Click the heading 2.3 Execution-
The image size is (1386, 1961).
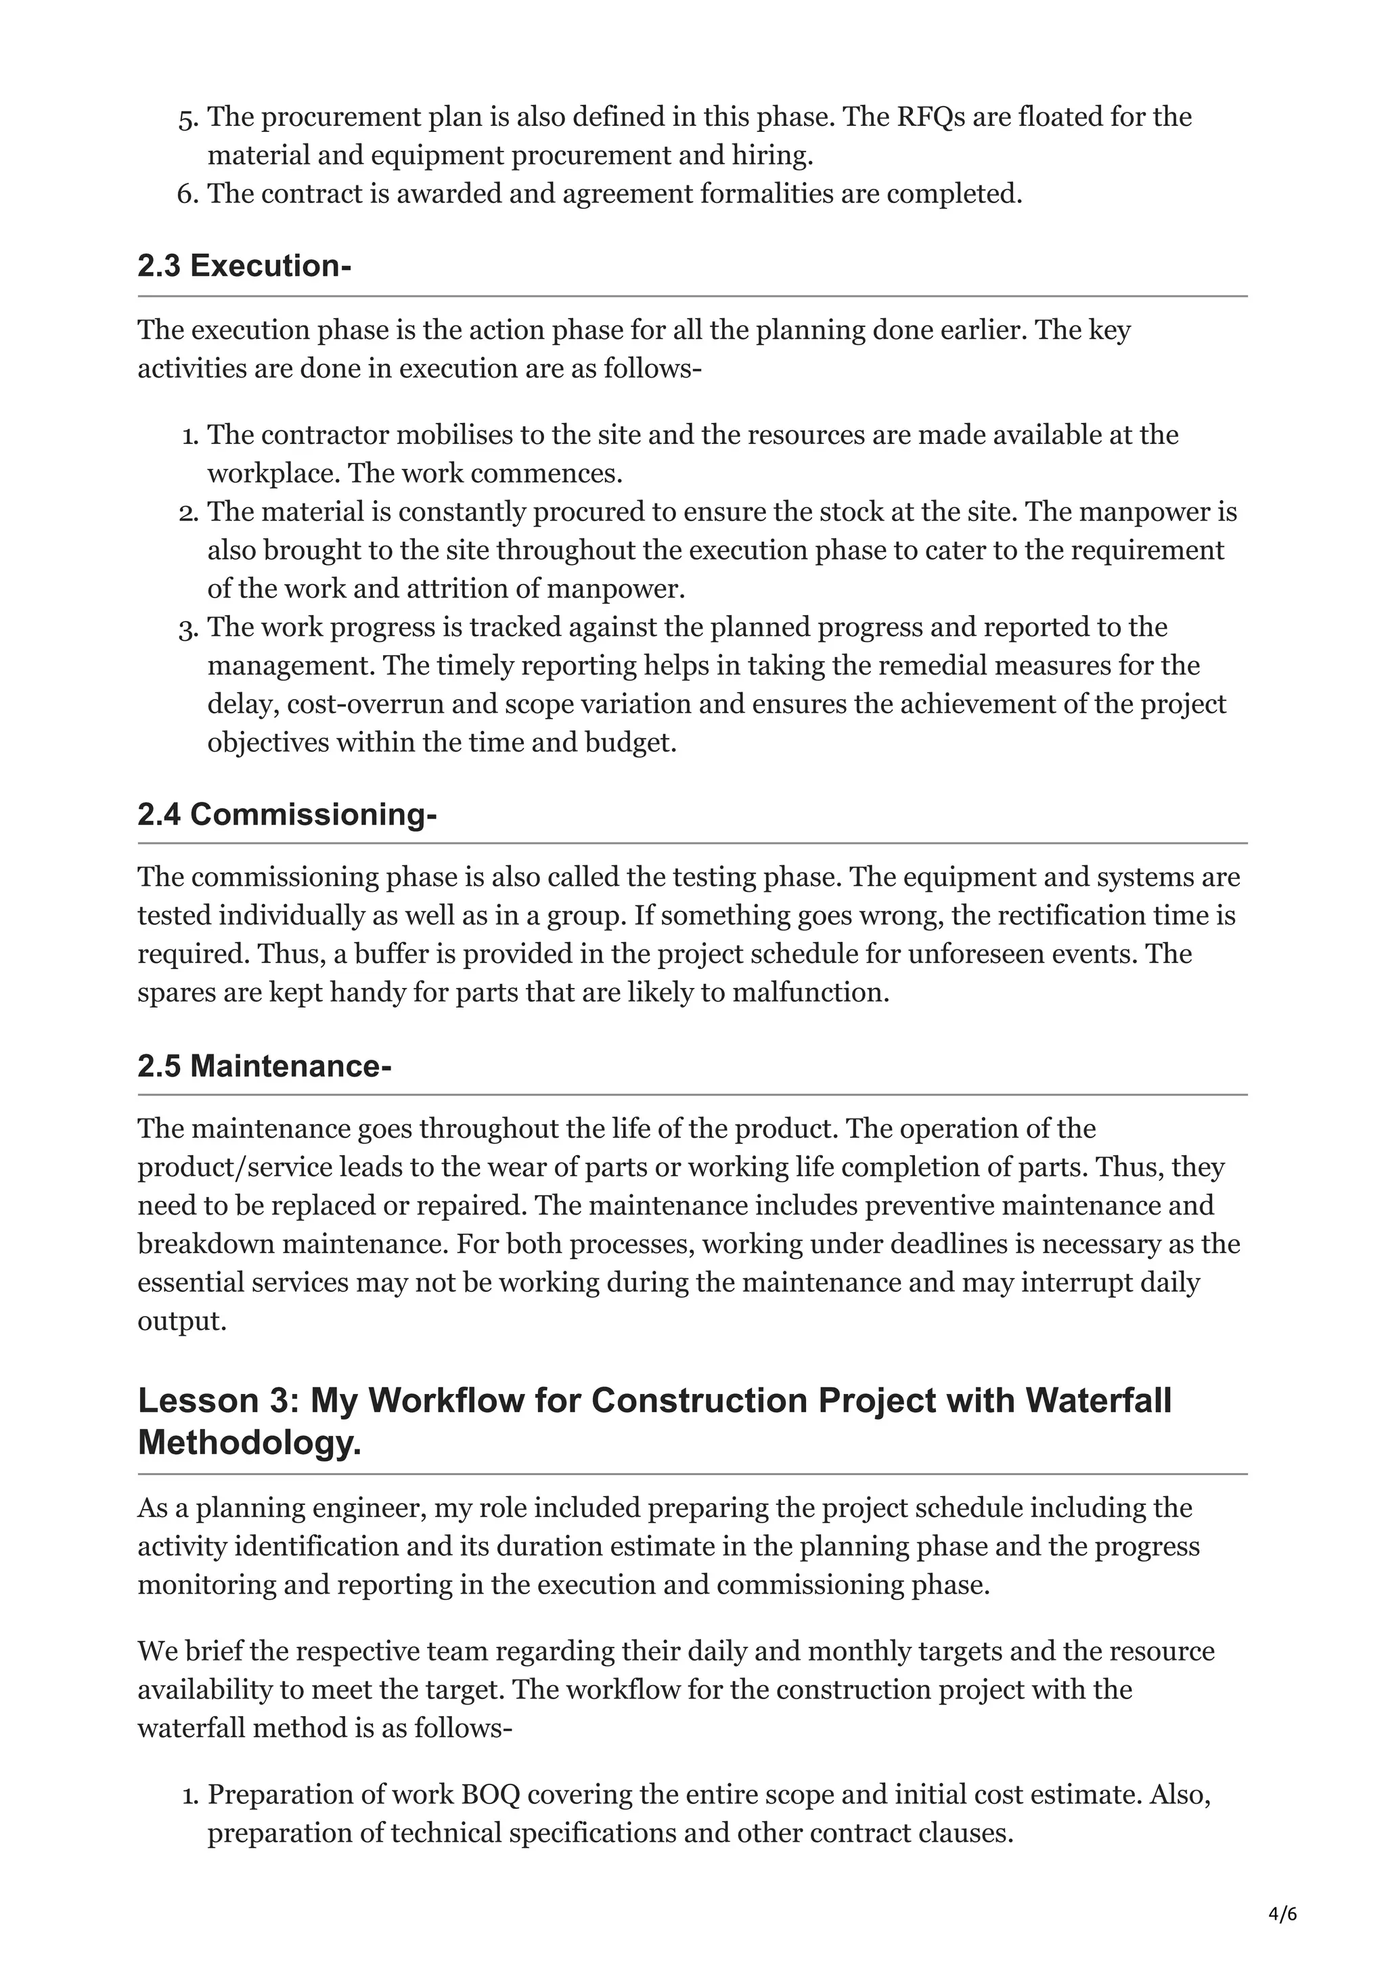(x=244, y=267)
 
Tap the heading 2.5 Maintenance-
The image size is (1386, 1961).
(x=264, y=1066)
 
